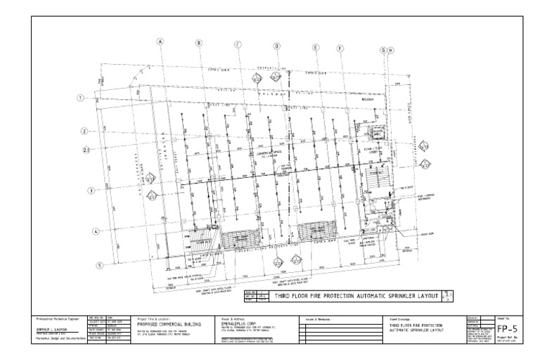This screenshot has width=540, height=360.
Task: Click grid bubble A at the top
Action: [x=160, y=41]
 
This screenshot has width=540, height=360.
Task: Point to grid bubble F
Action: [x=340, y=49]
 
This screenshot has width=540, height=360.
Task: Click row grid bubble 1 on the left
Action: [x=82, y=98]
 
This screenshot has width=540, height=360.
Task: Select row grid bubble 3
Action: [x=91, y=191]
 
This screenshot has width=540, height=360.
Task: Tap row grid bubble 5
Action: [x=100, y=265]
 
